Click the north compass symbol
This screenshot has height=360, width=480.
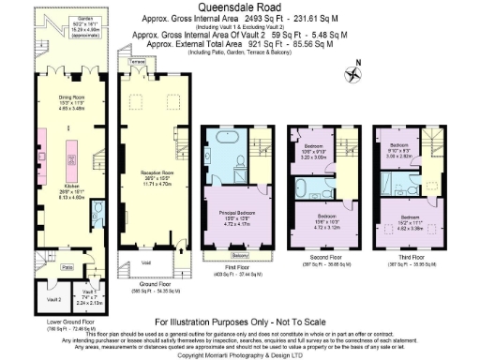point(353,67)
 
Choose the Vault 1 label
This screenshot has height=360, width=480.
point(80,292)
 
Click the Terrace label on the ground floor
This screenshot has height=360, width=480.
point(138,59)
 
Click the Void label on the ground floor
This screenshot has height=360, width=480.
point(146,262)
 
